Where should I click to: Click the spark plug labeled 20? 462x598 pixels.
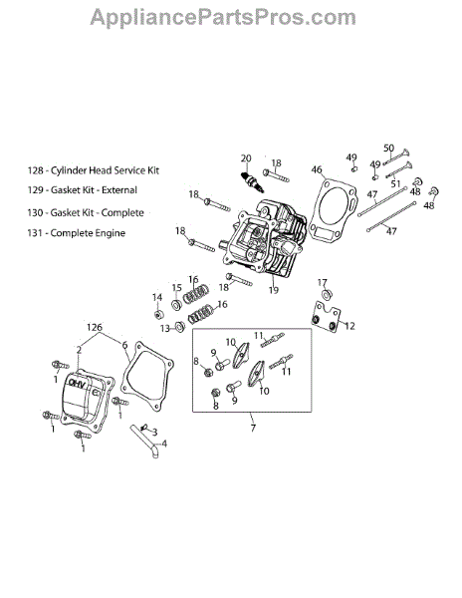click(x=252, y=181)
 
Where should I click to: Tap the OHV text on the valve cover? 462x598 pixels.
click(x=78, y=384)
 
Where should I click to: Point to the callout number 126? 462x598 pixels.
click(x=94, y=327)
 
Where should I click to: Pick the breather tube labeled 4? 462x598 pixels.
click(x=144, y=441)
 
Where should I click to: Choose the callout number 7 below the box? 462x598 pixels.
click(x=253, y=428)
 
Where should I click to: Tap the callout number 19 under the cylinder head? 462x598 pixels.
click(x=274, y=290)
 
